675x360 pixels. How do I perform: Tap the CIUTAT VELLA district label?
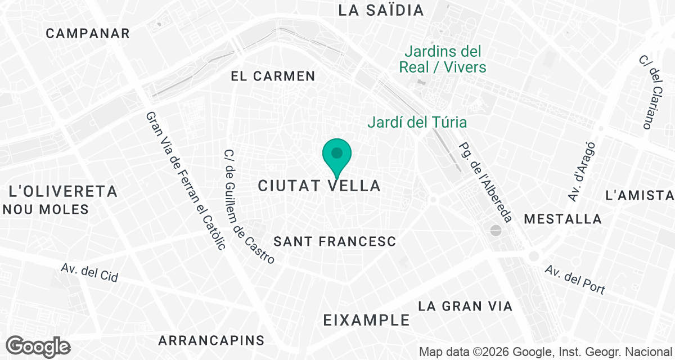[x=319, y=186]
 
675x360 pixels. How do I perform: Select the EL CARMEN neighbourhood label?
[x=273, y=76]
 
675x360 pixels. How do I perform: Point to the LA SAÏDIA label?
[x=381, y=10]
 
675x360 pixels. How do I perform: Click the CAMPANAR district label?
[x=88, y=33]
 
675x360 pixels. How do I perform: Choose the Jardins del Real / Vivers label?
[x=443, y=60]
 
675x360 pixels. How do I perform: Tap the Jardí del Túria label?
[x=417, y=122]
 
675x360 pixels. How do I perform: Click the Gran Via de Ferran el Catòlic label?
[x=185, y=180]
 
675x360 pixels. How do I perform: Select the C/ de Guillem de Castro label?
[x=249, y=207]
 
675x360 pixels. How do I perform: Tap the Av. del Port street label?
[x=575, y=280]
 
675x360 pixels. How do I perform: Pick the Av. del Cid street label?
[x=89, y=274]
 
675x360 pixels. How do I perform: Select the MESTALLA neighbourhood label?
[x=562, y=219]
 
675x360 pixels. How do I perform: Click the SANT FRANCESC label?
[x=335, y=241]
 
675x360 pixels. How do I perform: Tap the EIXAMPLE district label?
[x=367, y=320]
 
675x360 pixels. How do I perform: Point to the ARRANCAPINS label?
[x=211, y=340]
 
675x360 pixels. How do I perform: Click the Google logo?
[x=38, y=346]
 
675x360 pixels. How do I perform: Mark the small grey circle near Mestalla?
[x=496, y=230]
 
